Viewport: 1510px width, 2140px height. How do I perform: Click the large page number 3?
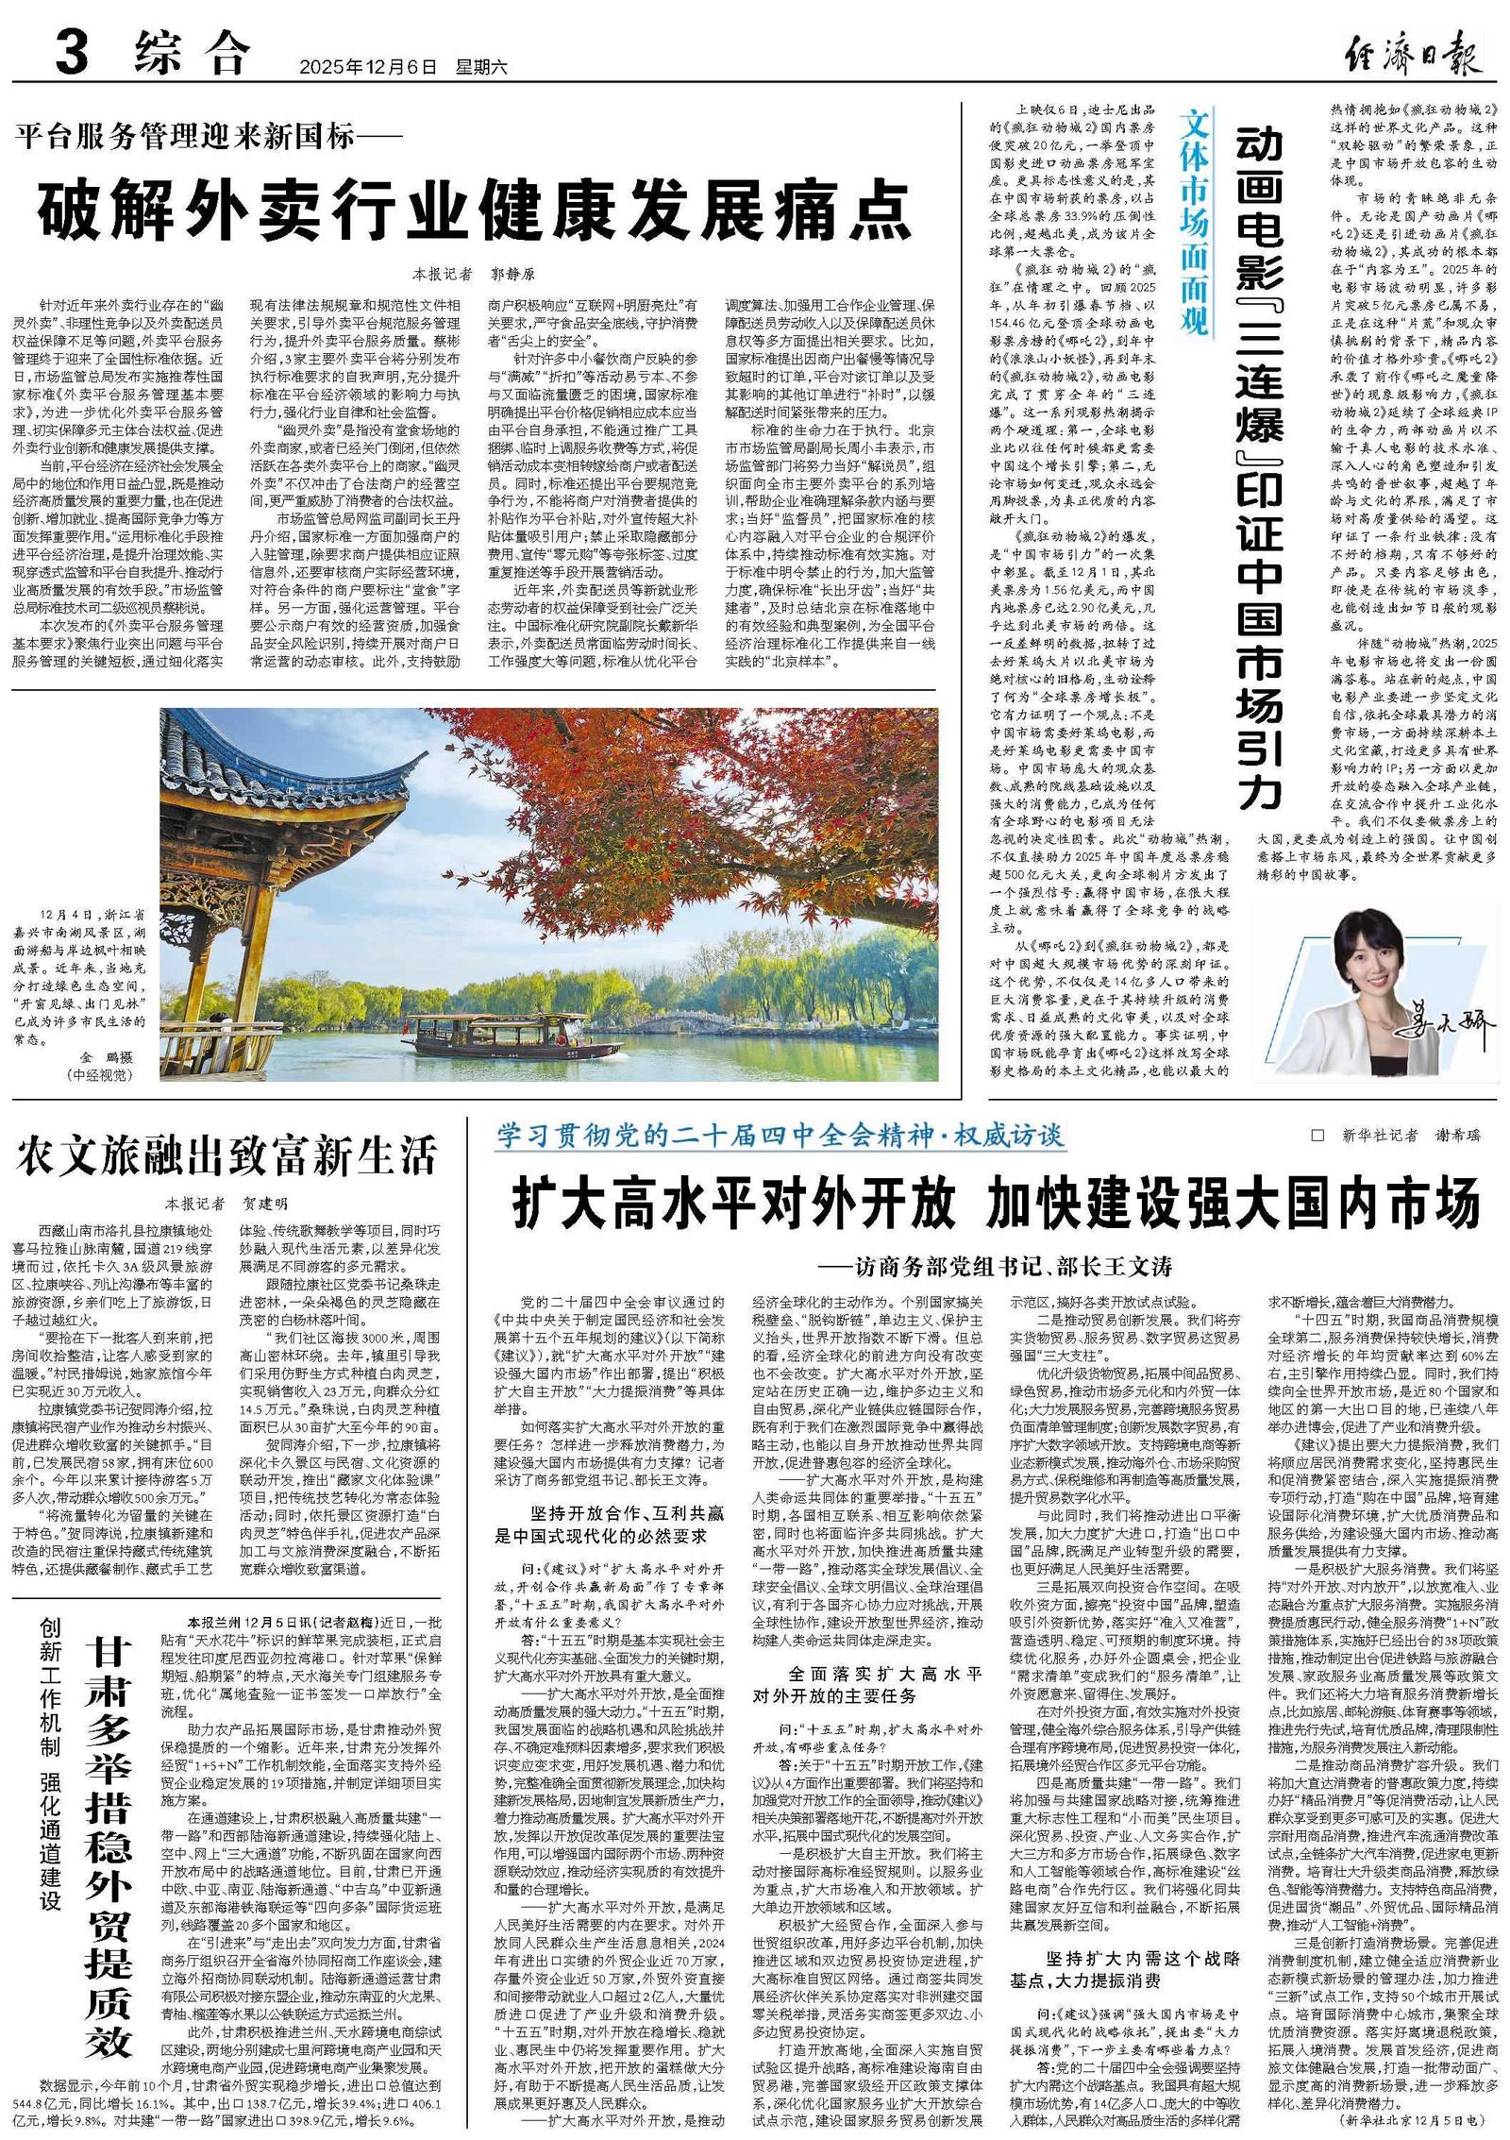[72, 54]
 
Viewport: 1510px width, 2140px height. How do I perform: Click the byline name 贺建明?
[265, 1204]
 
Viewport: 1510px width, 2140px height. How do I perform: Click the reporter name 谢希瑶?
[1458, 1137]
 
